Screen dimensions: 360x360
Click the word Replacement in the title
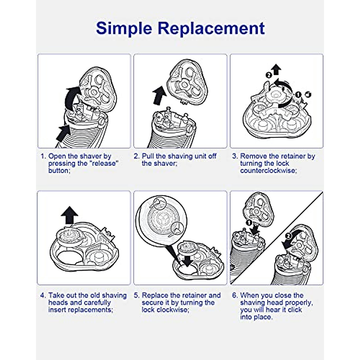(211, 28)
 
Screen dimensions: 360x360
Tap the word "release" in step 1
(105, 163)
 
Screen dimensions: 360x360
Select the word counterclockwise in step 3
(268, 171)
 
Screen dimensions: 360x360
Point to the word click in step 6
(295, 310)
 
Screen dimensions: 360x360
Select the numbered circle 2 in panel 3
(269, 75)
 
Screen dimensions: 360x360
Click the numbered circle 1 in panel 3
(298, 94)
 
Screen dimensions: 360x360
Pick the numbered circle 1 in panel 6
(248, 223)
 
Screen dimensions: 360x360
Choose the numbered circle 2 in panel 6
(288, 236)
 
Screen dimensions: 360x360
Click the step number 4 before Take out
(43, 295)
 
